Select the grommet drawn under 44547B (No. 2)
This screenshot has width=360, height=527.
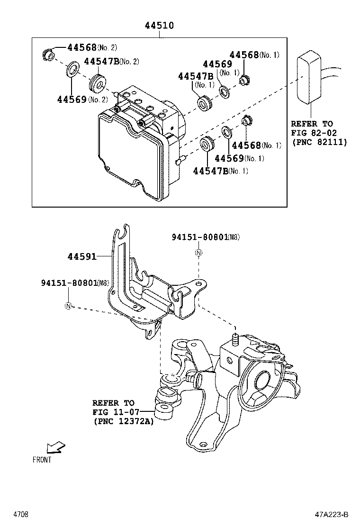click(97, 82)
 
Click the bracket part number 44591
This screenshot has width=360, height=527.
click(81, 256)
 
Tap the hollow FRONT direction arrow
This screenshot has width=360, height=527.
click(55, 447)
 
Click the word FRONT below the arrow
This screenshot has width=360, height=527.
click(42, 459)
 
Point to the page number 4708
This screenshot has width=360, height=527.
click(20, 514)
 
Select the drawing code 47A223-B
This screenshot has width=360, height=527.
click(331, 514)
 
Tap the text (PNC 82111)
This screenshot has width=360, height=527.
click(319, 142)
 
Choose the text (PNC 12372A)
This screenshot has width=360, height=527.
click(123, 421)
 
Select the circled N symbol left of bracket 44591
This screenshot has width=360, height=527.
click(68, 306)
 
